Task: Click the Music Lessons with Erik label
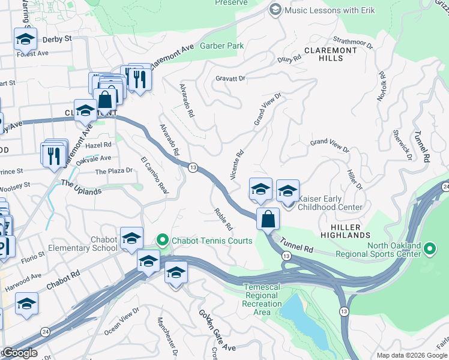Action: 330,10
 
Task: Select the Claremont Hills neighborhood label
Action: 330,55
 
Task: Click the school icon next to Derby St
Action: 25,40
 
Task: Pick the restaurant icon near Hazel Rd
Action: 56,155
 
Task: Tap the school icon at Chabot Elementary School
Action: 131,239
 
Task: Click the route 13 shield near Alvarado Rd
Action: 192,167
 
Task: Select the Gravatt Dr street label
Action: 231,78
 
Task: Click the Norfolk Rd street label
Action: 381,87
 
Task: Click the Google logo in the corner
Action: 19,353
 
